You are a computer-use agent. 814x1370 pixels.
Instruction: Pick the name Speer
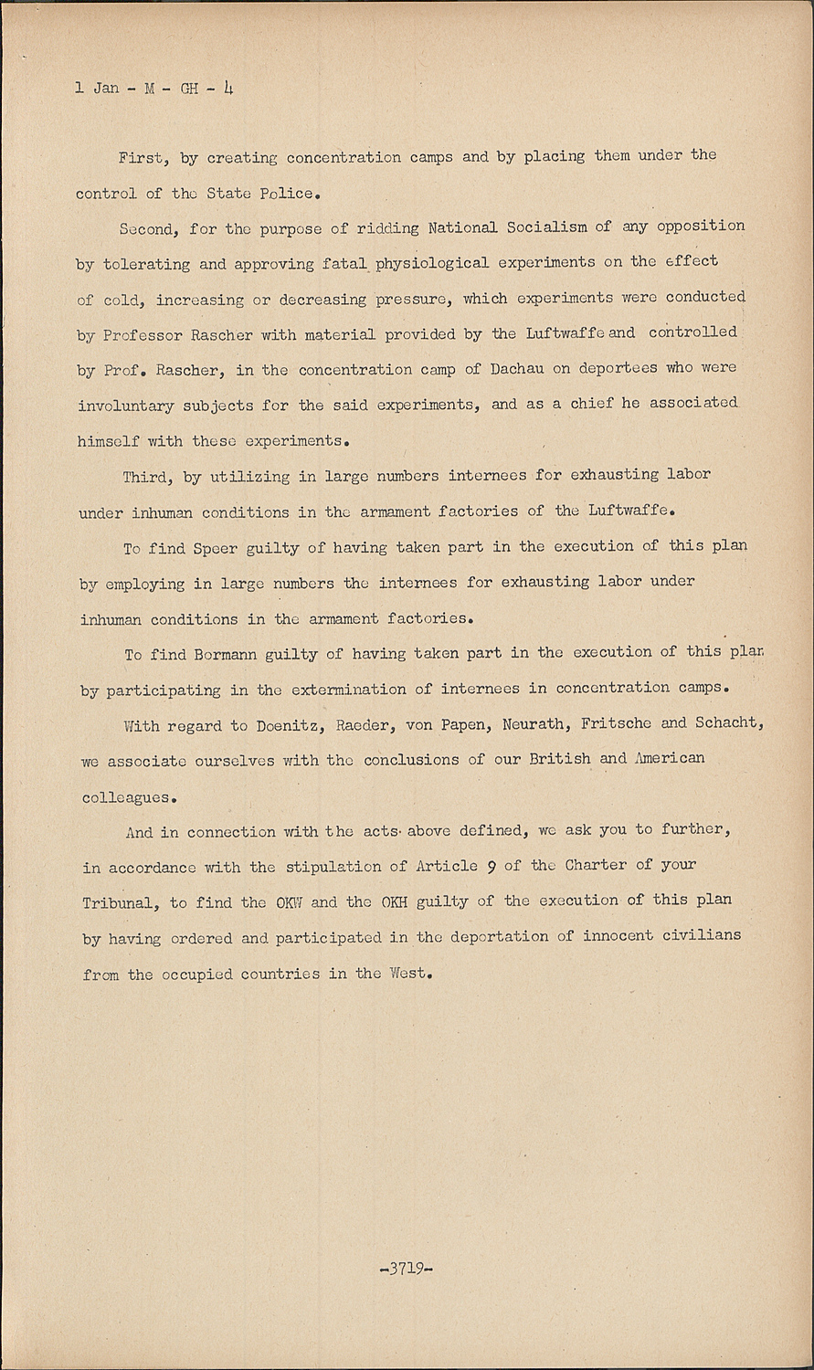pos(216,547)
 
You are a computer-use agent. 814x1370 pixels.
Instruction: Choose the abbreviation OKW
pos(289,902)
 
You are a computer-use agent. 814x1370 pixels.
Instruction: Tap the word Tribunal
pos(120,902)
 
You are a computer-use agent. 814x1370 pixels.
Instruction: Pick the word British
pos(557,760)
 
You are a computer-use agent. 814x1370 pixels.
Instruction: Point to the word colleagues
pos(123,796)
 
